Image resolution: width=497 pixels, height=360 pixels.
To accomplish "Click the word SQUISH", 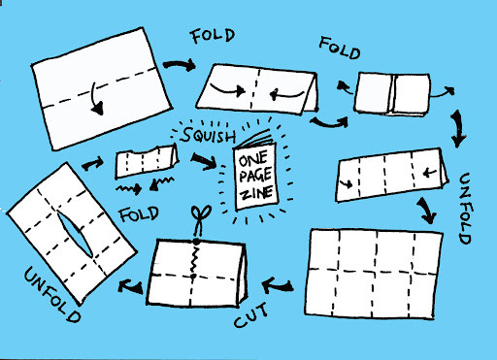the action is (208, 135).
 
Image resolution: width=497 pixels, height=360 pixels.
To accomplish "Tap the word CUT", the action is (251, 315).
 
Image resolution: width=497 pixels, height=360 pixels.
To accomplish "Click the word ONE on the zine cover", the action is (253, 159).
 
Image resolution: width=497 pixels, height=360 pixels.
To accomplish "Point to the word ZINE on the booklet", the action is (257, 193).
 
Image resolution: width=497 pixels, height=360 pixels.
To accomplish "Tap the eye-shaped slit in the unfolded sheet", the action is (75, 234).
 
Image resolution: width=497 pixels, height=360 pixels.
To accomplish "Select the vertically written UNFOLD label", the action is (465, 209).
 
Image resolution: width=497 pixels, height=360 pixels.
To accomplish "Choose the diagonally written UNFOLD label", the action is (51, 294).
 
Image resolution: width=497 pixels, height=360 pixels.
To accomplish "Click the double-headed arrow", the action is (457, 129).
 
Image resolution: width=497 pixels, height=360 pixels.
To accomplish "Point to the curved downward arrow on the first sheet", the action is (95, 100).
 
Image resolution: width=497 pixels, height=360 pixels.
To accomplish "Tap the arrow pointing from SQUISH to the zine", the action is (204, 161).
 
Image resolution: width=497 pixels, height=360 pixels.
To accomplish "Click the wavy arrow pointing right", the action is (129, 188).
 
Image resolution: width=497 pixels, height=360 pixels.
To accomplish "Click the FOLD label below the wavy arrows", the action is (139, 214).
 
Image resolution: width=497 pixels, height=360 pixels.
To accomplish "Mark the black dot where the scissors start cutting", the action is (196, 241).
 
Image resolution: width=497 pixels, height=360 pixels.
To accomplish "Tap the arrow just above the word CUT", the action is (278, 286).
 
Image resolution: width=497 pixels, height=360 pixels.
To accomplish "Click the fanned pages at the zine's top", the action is (255, 139).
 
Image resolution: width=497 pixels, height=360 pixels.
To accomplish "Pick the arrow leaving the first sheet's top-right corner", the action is (180, 65).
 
